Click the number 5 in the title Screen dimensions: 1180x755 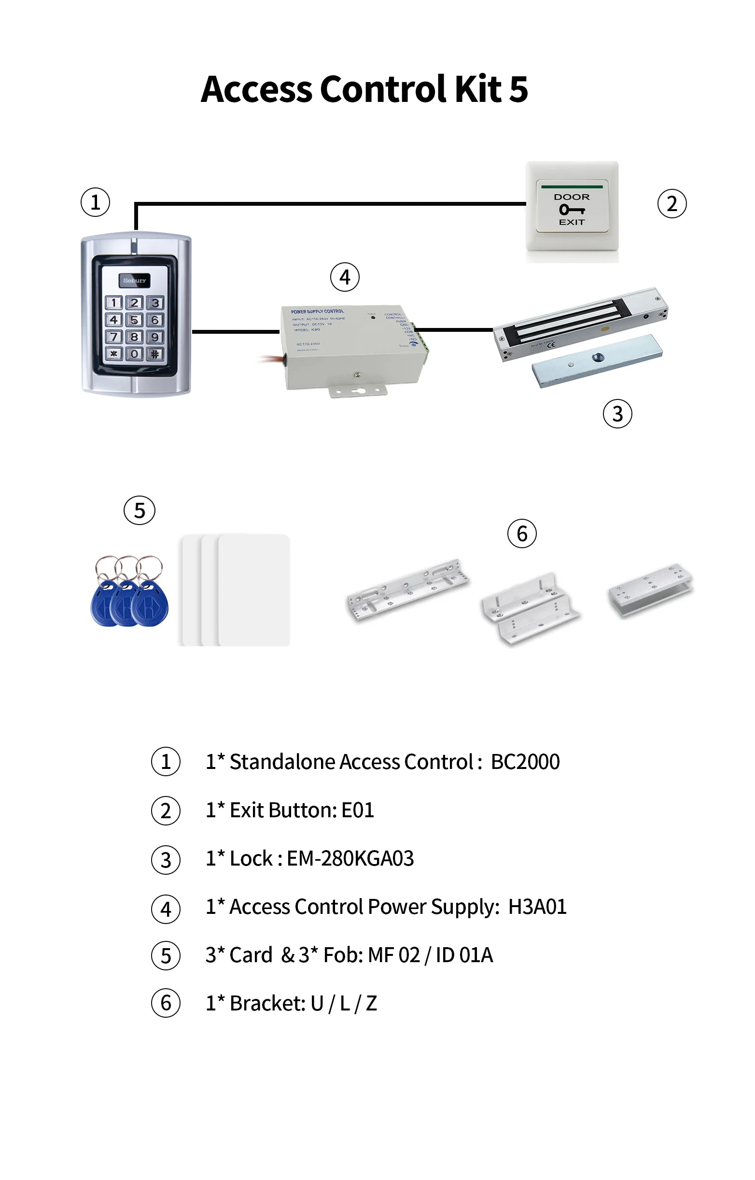click(x=518, y=90)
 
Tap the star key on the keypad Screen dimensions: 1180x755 click(x=114, y=354)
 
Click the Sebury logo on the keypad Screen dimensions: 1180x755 click(x=134, y=281)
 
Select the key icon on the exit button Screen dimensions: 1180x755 click(x=572, y=210)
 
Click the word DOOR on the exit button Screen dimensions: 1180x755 click(x=572, y=197)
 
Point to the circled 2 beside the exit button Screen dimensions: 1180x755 click(x=671, y=203)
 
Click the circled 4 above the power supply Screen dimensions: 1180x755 click(x=345, y=278)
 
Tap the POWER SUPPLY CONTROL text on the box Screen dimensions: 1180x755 click(x=317, y=312)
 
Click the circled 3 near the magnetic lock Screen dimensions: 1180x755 click(x=617, y=414)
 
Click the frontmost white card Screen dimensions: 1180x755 click(x=254, y=590)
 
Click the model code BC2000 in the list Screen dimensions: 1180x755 click(x=525, y=762)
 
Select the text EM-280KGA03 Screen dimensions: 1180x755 click(x=350, y=859)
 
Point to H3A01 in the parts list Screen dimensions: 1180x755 click(x=537, y=907)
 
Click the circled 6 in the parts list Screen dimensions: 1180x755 click(x=166, y=1003)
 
